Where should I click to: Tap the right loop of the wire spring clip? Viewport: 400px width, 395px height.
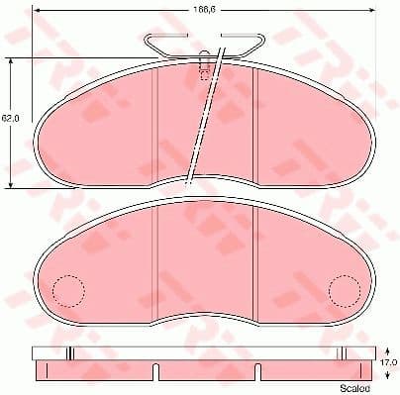[256, 43]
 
